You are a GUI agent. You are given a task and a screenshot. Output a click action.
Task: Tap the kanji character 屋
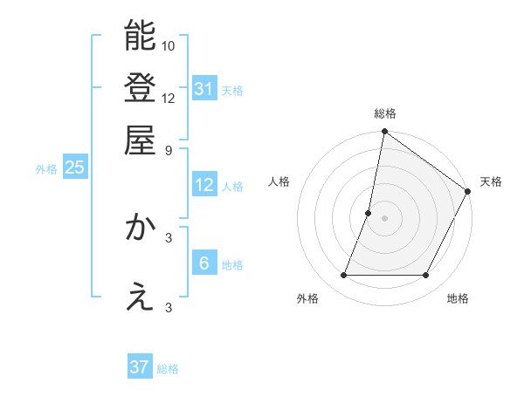pos(140,140)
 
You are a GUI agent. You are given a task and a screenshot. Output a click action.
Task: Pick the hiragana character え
pos(140,297)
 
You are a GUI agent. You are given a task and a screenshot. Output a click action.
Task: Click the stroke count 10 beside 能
pos(169,45)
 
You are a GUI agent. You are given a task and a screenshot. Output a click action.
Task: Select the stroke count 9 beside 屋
pos(169,150)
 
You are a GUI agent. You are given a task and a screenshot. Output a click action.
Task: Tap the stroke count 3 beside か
pos(169,237)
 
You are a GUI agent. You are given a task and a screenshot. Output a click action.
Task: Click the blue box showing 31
pos(204,88)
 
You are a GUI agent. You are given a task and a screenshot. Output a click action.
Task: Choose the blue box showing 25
pos(75,167)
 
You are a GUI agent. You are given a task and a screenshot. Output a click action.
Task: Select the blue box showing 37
pos(140,368)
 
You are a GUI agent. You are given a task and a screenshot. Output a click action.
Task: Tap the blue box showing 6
pos(204,263)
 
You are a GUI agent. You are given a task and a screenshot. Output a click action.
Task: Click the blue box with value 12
pos(204,185)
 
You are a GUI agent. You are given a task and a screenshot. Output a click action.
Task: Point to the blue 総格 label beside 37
pos(168,369)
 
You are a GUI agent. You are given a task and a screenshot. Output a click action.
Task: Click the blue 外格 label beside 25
pos(46,169)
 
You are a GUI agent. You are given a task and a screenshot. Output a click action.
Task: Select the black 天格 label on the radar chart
pos(491,181)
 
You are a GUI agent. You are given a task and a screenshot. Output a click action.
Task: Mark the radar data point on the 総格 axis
pos(384,133)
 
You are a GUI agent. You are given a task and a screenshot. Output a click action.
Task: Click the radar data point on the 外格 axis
pos(343,276)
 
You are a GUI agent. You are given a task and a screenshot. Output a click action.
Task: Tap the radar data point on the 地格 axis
pos(426,276)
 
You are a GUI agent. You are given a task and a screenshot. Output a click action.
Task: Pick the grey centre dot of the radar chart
pos(384,218)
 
